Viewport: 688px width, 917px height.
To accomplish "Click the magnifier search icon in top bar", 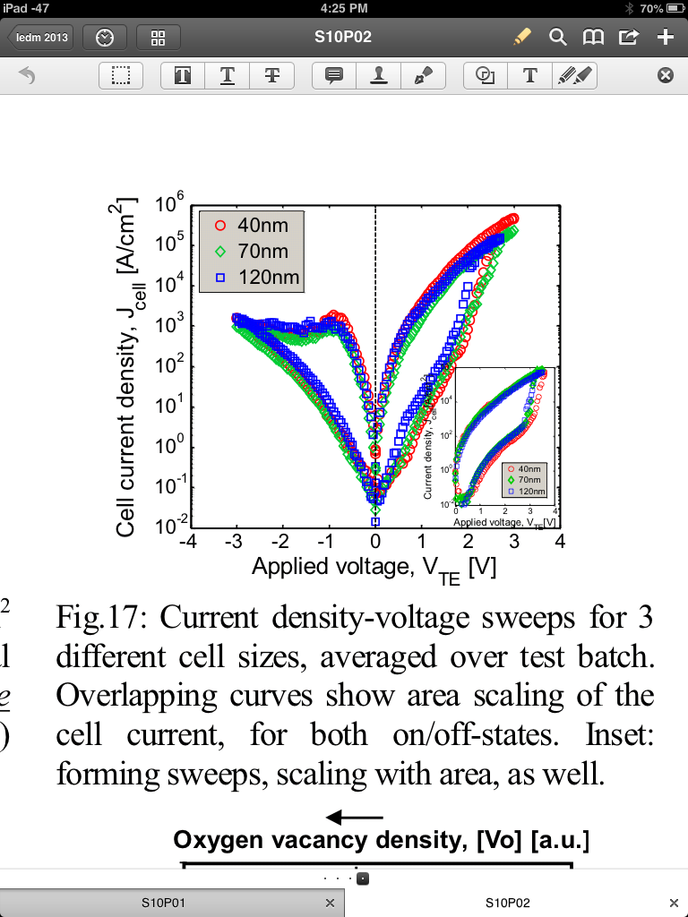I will tap(558, 38).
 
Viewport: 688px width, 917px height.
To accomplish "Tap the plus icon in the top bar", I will tap(666, 38).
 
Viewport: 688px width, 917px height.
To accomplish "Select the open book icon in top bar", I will tap(593, 38).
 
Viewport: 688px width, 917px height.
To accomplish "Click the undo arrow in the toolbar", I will tap(27, 76).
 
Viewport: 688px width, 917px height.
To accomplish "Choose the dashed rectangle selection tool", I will tap(121, 76).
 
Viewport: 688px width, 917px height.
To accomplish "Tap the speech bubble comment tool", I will tap(335, 76).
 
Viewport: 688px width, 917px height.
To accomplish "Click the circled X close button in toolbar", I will tap(665, 76).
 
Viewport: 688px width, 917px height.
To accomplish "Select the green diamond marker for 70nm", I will tap(220, 252).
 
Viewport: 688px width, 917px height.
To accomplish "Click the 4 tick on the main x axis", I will tap(560, 542).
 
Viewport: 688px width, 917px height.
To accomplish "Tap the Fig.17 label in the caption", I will tap(99, 618).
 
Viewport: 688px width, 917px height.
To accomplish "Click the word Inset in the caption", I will tap(619, 734).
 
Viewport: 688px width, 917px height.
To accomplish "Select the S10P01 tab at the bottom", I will tap(163, 902).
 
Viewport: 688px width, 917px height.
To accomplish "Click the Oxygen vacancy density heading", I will tap(381, 841).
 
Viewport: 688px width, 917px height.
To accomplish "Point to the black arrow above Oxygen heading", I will tap(354, 817).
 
